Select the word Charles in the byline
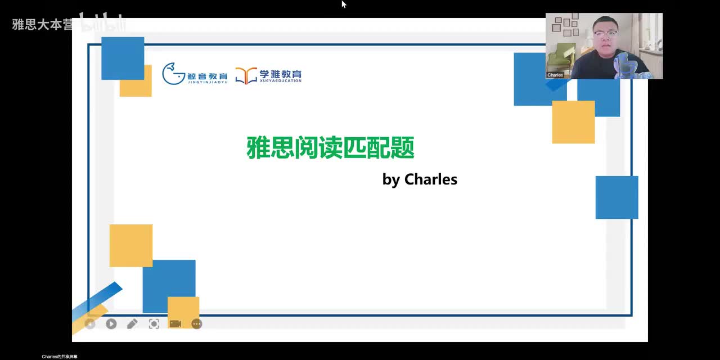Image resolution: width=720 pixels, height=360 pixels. pyautogui.click(x=431, y=179)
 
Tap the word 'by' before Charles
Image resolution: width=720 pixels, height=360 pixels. pyautogui.click(x=391, y=180)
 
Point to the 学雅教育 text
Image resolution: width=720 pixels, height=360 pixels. pyautogui.click(x=280, y=74)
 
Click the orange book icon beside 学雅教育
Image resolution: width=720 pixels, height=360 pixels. pyautogui.click(x=246, y=75)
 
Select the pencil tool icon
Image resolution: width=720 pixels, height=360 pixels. pyautogui.click(x=132, y=324)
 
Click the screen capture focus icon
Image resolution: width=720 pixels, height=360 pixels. pyautogui.click(x=154, y=324)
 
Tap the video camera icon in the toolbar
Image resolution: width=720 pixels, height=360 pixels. pyautogui.click(x=175, y=324)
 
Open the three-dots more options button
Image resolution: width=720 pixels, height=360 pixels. pyautogui.click(x=196, y=324)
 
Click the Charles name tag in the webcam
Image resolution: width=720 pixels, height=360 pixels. pyautogui.click(x=555, y=75)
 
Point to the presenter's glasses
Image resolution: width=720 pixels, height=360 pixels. pyautogui.click(x=604, y=34)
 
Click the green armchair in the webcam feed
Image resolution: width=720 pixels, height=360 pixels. pyautogui.click(x=562, y=56)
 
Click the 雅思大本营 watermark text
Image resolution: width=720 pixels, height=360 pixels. pyautogui.click(x=42, y=25)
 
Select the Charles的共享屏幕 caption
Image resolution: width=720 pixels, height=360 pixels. pyautogui.click(x=60, y=357)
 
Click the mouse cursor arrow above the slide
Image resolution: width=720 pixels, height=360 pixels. pyautogui.click(x=343, y=4)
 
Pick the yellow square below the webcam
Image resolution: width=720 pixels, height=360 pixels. pyautogui.click(x=573, y=122)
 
